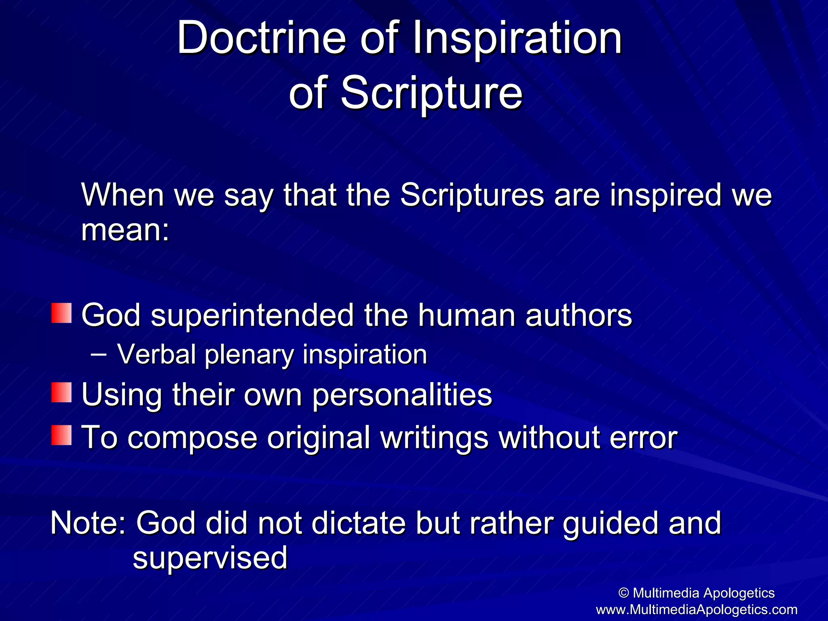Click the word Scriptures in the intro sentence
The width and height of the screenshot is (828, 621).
pos(472,195)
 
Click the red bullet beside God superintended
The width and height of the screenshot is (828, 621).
pos(61,313)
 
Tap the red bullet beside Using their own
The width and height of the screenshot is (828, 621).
pos(61,393)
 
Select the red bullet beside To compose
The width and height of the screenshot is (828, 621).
pos(61,435)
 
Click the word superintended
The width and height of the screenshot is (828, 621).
pos(252,315)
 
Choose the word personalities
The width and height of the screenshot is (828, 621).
pos(402,395)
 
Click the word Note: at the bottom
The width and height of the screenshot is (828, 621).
pos(89,523)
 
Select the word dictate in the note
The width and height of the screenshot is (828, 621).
pos(358,523)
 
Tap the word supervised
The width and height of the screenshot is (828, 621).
pos(210,558)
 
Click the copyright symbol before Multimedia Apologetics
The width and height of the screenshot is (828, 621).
pos(624,593)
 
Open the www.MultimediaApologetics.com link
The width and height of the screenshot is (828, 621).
pos(697,609)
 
